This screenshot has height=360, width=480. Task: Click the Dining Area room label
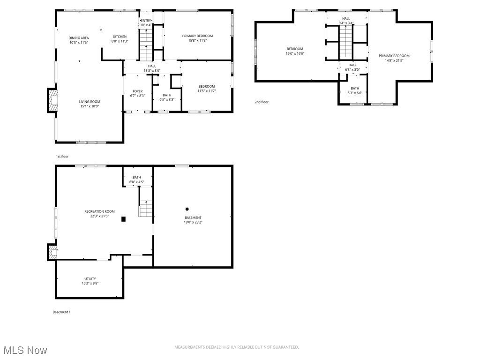click(x=78, y=38)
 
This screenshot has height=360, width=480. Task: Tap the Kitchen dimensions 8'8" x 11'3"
click(x=120, y=41)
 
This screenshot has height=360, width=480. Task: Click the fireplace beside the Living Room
click(x=52, y=100)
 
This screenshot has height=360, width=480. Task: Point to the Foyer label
click(x=137, y=91)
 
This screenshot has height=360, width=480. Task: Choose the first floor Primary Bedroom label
click(x=197, y=36)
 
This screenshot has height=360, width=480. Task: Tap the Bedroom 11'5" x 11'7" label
click(x=206, y=86)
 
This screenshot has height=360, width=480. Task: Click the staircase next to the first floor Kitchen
click(x=146, y=45)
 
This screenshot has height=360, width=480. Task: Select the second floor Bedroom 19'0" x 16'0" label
click(x=295, y=49)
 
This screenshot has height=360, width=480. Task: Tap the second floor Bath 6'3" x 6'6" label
click(x=355, y=88)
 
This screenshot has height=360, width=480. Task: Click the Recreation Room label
click(x=99, y=211)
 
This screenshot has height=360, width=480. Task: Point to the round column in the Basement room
click(x=187, y=209)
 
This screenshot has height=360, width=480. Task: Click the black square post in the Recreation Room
click(x=123, y=218)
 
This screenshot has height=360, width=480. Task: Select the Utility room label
click(x=90, y=279)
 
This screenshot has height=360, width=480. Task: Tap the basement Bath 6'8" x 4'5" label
click(x=136, y=177)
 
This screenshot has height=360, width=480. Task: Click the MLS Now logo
click(x=24, y=350)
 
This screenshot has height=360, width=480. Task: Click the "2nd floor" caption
click(x=262, y=102)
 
